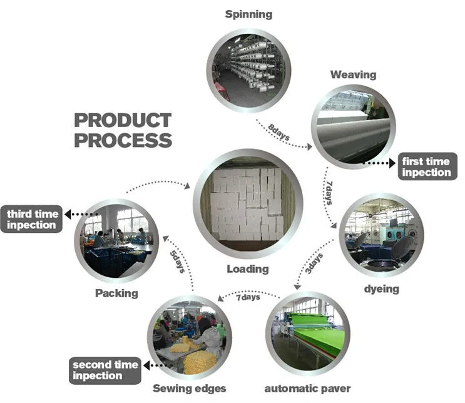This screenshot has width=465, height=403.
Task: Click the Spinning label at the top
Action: (249, 14)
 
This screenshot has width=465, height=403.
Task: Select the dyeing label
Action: (381, 288)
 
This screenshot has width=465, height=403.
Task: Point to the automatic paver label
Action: (307, 389)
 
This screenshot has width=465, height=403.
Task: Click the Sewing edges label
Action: (190, 389)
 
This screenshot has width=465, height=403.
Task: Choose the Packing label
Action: (116, 292)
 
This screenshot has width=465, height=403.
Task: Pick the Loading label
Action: (248, 269)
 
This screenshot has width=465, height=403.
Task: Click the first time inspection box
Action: (426, 166)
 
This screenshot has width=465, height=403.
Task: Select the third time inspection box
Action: (33, 219)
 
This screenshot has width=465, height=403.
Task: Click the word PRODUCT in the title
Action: (123, 120)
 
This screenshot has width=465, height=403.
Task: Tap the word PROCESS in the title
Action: (123, 140)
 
